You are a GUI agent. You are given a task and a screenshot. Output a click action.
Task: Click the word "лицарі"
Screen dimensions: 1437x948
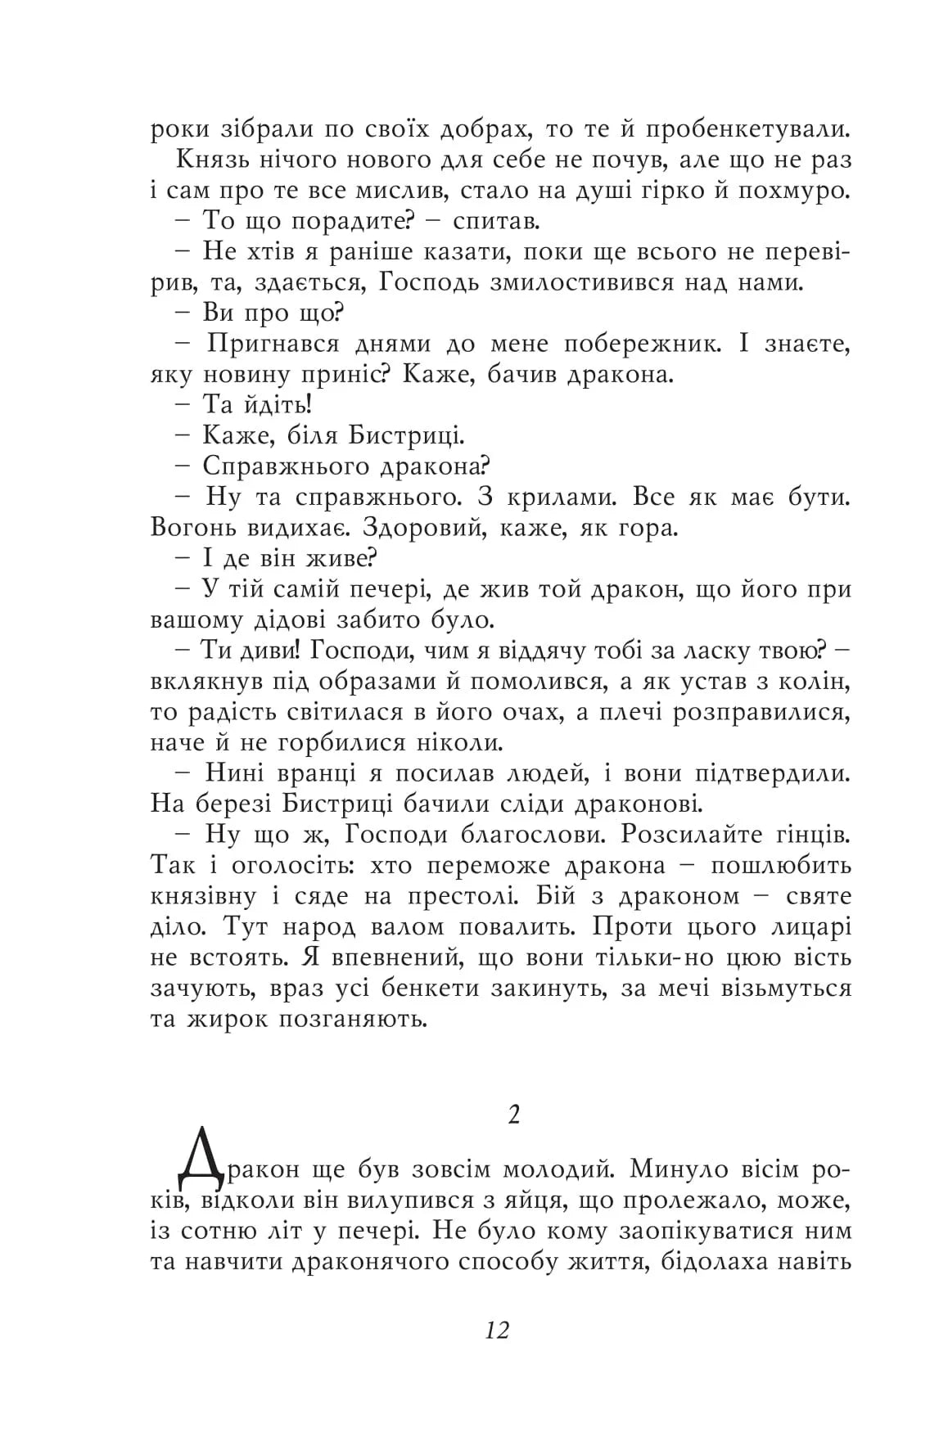tap(806, 926)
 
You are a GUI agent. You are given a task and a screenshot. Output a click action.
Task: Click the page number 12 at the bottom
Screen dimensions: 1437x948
tap(498, 1330)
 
